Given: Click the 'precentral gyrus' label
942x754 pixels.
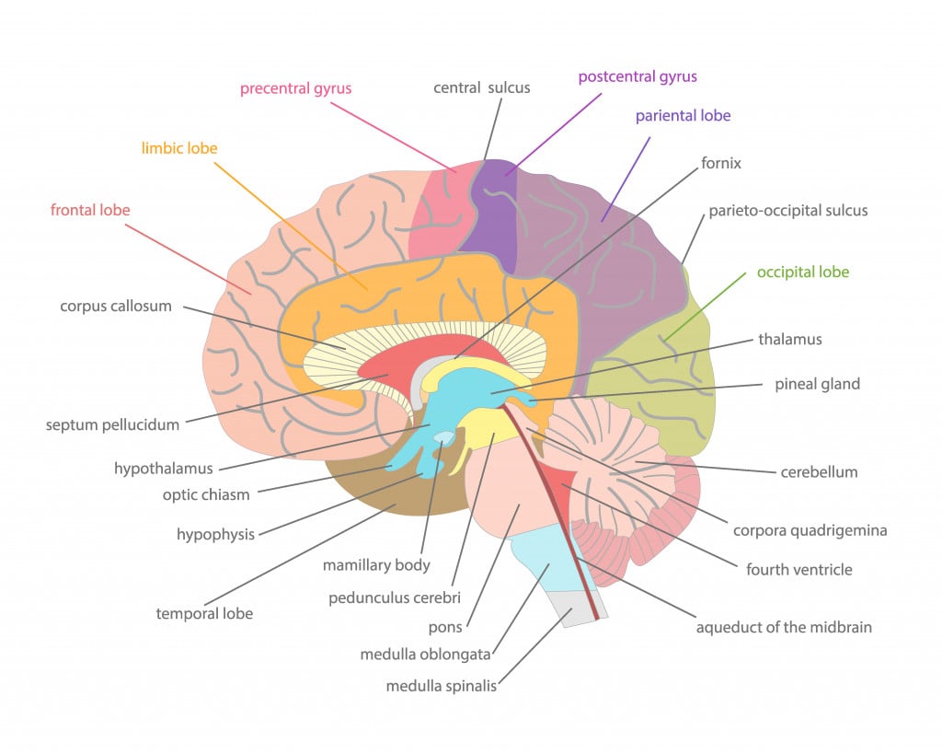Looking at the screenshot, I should pos(295,89).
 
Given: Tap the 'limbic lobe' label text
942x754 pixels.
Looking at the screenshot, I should pos(179,148).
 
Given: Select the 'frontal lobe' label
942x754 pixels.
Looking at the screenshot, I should pos(90,210).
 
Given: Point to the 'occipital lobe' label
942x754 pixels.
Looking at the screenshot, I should pos(802,273).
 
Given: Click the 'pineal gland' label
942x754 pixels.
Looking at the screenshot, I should pos(817,384).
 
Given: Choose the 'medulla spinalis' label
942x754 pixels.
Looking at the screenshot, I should pos(441,686).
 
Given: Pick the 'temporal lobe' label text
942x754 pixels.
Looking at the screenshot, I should pos(204,613).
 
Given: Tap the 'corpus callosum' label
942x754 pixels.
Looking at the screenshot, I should pos(116,306).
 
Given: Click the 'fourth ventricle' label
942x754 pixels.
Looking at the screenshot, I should pos(798,570).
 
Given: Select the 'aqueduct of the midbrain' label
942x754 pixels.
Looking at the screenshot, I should pos(784,628).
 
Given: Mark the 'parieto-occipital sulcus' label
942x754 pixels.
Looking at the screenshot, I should pos(787,211).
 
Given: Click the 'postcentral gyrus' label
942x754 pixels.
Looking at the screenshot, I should pos(637,76).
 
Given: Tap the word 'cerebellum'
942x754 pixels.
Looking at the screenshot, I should pos(819,472).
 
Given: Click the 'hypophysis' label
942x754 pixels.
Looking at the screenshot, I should pos(215,535).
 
